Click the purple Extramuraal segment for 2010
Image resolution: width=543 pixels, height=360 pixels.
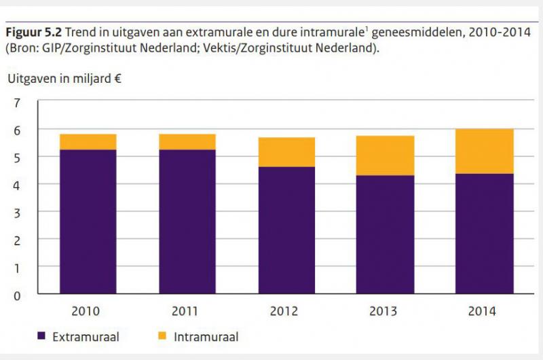(88, 221)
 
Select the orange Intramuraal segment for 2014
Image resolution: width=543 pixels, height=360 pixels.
(484, 151)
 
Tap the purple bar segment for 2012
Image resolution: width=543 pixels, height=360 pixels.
(286, 230)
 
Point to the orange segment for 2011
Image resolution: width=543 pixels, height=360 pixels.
(187, 141)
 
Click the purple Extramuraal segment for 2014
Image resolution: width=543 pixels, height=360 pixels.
(484, 234)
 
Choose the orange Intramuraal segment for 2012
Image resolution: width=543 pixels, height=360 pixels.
(286, 152)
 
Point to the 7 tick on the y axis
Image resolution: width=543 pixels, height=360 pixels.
(18, 103)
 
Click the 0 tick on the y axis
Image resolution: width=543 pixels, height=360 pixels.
(18, 295)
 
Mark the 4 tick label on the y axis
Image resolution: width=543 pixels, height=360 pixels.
(18, 185)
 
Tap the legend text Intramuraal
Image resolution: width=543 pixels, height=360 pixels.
(206, 336)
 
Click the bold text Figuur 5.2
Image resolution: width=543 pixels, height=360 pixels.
(34, 33)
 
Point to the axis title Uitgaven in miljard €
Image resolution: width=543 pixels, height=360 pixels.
(64, 78)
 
